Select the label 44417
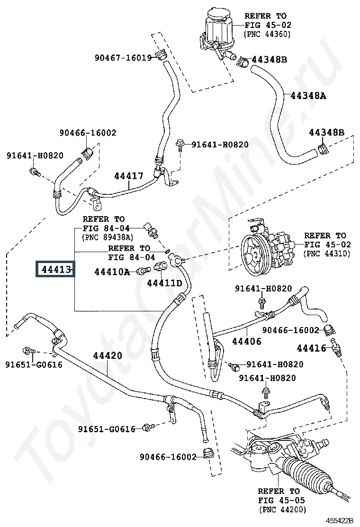coord(128,176)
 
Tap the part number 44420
coord(107,355)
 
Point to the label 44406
coord(247,341)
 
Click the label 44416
coord(312,348)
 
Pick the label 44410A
coord(112,272)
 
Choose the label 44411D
coord(164,283)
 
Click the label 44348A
coord(308,95)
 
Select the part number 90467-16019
coord(123,58)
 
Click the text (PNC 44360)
coord(267,34)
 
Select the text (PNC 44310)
coord(327,254)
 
